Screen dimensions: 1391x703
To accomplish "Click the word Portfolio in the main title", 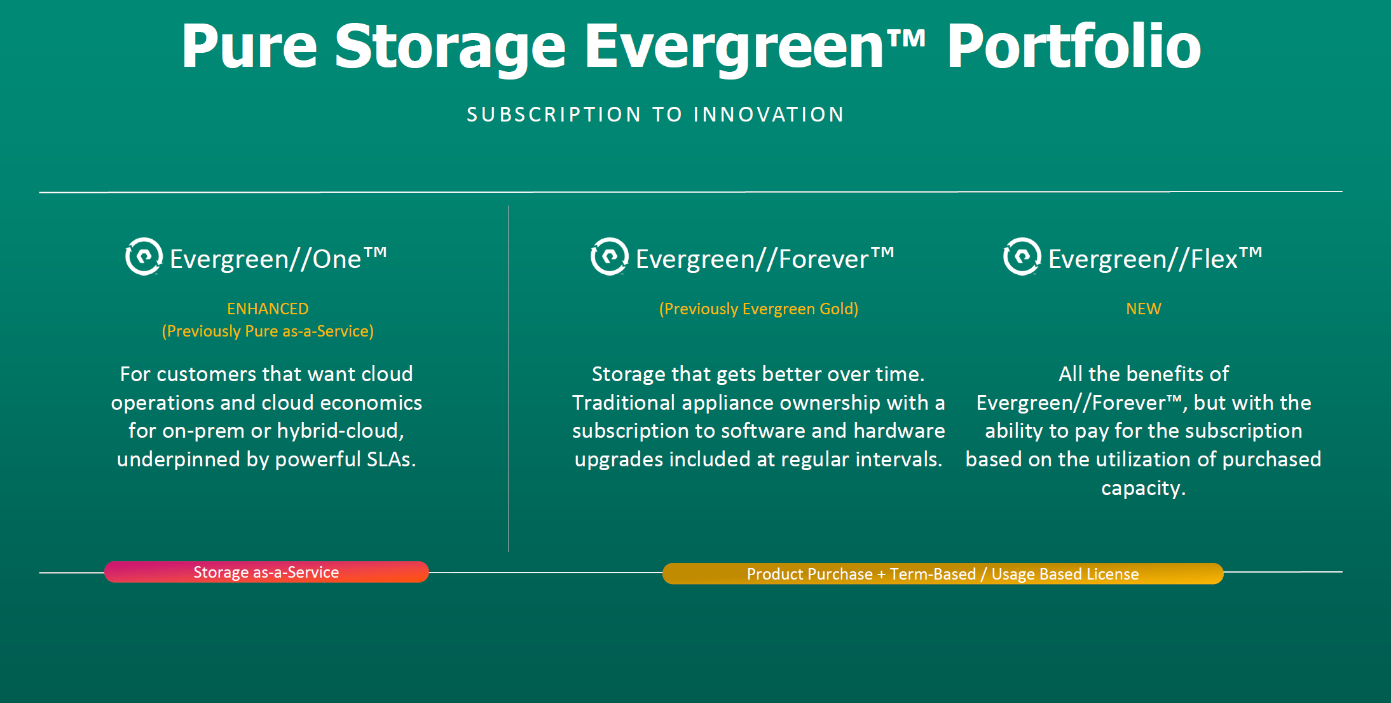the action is pyautogui.click(x=1074, y=46).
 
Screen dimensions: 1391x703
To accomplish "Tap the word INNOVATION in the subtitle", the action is pyautogui.click(x=769, y=115).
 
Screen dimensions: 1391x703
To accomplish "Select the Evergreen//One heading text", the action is pyautogui.click(x=278, y=258).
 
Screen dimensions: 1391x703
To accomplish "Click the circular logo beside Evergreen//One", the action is pyautogui.click(x=144, y=256).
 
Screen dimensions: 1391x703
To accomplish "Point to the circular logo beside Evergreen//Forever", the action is pyautogui.click(x=609, y=256).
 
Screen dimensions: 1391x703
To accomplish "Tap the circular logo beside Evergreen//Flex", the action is pyautogui.click(x=1022, y=256).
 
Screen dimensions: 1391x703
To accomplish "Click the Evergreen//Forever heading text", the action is pyautogui.click(x=765, y=258).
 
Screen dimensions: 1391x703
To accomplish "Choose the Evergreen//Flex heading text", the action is pyautogui.click(x=1155, y=258).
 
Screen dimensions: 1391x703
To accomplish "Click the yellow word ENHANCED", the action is pyautogui.click(x=268, y=309).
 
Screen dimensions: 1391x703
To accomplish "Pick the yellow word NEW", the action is pyautogui.click(x=1144, y=309).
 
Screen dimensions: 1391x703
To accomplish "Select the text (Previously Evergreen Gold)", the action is pyautogui.click(x=758, y=309).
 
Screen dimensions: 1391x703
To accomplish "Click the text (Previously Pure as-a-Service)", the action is pyautogui.click(x=268, y=331).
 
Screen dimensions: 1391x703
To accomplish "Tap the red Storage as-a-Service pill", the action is pyautogui.click(x=266, y=572).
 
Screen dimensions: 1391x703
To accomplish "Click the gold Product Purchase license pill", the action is pyautogui.click(x=943, y=574).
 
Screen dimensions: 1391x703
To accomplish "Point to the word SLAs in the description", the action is pyautogui.click(x=391, y=459).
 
